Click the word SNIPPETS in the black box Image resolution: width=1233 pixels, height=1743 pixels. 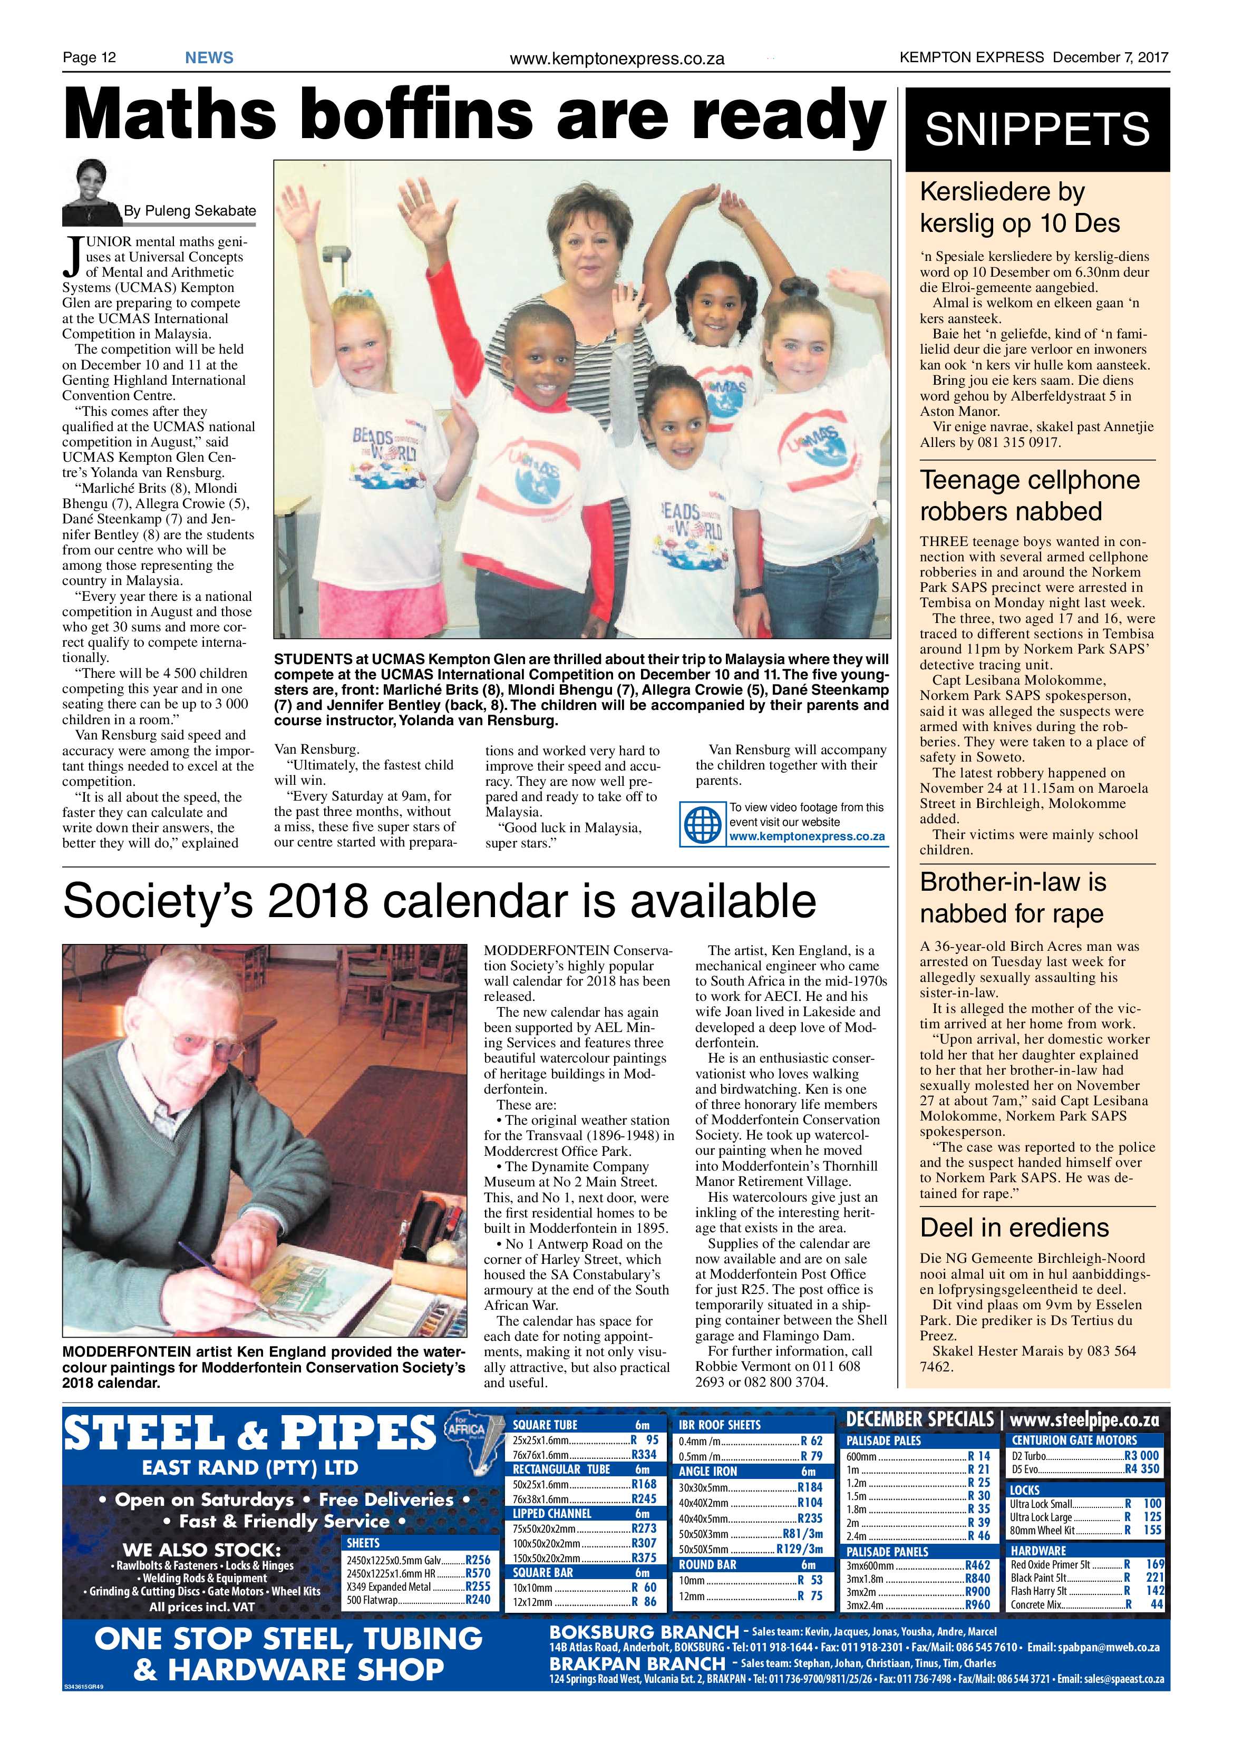(x=1037, y=129)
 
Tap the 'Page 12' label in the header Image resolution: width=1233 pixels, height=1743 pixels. (x=89, y=57)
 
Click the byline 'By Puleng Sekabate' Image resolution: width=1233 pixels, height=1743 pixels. (x=190, y=211)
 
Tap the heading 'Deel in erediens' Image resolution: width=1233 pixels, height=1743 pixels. (x=1014, y=1228)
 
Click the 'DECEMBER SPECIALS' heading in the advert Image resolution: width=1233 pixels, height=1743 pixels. (x=919, y=1419)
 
